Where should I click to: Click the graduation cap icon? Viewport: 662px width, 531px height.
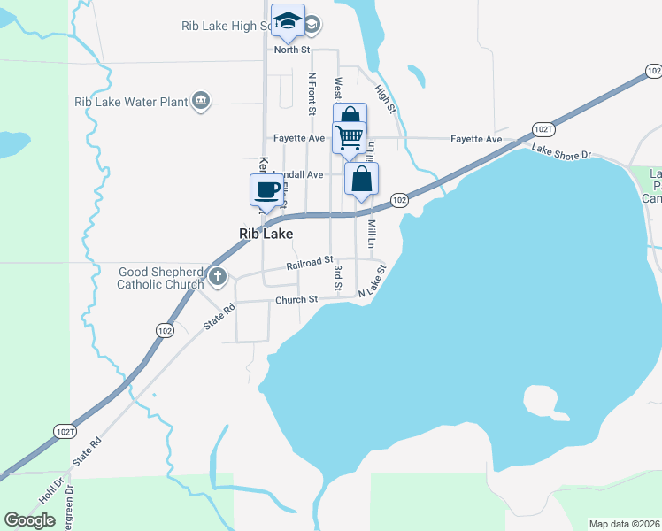(x=288, y=20)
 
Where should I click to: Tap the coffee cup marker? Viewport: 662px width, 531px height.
(x=266, y=189)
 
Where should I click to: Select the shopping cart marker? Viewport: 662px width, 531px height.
(x=350, y=137)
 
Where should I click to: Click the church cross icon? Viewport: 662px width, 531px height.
(x=218, y=278)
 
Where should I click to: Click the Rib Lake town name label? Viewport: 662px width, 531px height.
(x=266, y=234)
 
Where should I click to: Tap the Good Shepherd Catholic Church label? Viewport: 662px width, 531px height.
(x=160, y=278)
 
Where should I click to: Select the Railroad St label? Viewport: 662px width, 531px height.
(x=309, y=265)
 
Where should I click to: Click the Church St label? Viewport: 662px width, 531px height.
(x=296, y=300)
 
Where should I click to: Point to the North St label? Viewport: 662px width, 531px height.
(x=291, y=50)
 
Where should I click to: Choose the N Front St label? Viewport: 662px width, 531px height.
(x=312, y=94)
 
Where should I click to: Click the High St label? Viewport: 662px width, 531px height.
(x=383, y=98)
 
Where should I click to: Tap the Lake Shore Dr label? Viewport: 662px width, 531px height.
(x=561, y=154)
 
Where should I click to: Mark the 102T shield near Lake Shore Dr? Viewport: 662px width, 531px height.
(x=544, y=129)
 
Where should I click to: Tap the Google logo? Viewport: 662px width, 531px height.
(x=30, y=520)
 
